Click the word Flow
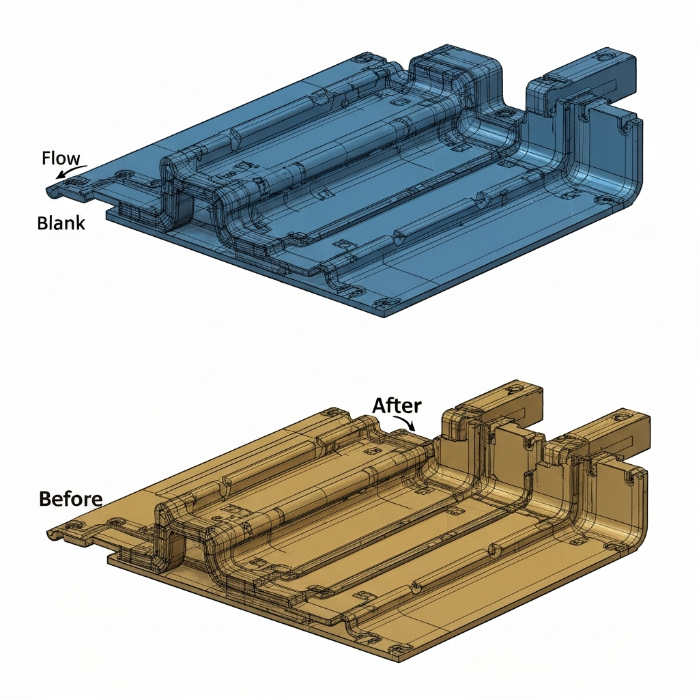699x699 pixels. [60, 158]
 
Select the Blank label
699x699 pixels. [61, 223]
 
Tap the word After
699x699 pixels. [397, 405]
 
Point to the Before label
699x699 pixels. [70, 498]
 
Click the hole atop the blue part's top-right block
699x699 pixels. [608, 54]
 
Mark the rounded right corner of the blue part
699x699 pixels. [631, 195]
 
